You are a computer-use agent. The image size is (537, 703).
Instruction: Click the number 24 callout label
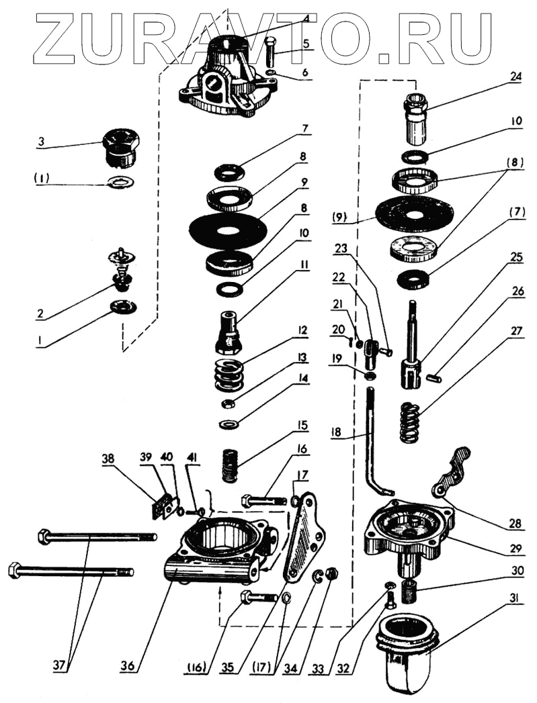click(515, 76)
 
